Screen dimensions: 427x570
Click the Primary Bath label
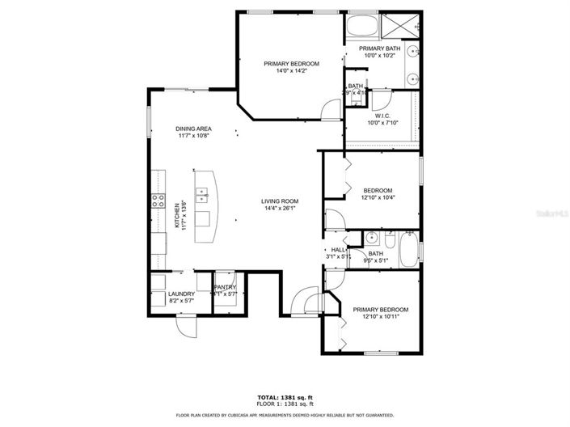379,49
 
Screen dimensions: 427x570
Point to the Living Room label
280,201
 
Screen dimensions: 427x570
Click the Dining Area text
194,129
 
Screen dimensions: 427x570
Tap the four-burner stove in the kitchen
156,204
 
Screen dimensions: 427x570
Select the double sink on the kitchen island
204,194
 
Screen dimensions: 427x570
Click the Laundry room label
181,294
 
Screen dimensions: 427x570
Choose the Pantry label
225,287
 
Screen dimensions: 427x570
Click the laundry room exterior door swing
187,327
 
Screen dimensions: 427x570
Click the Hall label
338,250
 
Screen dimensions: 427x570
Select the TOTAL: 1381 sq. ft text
285,397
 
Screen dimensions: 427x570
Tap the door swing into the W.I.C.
382,100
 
